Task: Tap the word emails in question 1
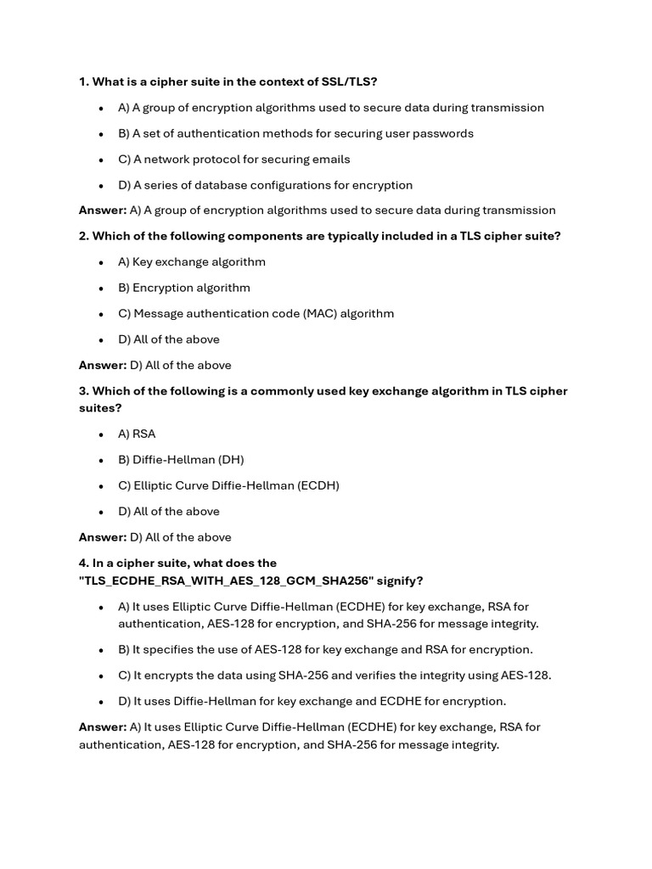click(x=331, y=159)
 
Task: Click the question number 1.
click(x=83, y=81)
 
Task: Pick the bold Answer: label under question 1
click(x=102, y=210)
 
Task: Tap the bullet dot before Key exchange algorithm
click(x=100, y=262)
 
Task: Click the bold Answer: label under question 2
click(x=102, y=365)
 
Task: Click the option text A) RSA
click(x=137, y=434)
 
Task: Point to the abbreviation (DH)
click(x=231, y=459)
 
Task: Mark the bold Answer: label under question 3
click(x=102, y=537)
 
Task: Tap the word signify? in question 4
click(x=400, y=580)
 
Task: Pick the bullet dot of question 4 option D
click(x=100, y=702)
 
